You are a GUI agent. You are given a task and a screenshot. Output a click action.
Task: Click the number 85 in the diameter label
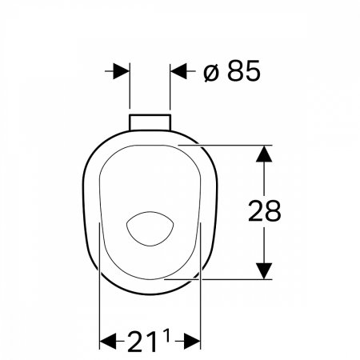pos(244,70)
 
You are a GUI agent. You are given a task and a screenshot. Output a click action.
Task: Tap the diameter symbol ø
pos(211,73)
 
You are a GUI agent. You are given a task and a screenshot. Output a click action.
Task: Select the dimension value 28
pos(264,211)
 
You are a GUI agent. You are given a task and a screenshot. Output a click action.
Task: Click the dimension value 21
pos(142,341)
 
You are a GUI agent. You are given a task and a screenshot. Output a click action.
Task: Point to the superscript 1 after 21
pos(166,335)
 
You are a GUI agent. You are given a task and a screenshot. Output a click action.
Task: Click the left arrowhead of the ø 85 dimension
pos(121,71)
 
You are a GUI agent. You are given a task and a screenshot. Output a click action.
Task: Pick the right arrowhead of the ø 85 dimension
pos(178,71)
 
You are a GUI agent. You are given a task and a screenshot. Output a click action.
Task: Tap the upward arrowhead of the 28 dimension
pos(264,154)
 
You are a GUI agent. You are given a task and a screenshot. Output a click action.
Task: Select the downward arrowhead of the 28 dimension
pos(264,271)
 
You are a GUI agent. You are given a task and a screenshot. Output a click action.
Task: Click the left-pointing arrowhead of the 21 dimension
pos(108,341)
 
